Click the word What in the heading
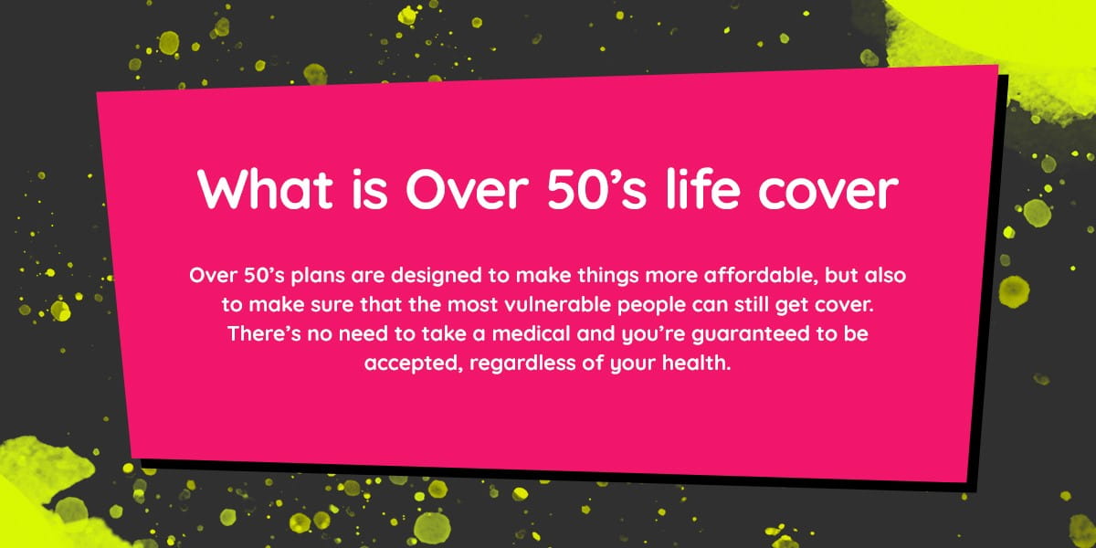click(x=265, y=190)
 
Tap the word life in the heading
click(x=702, y=188)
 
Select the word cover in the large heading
click(x=829, y=193)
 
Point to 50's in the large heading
click(x=596, y=190)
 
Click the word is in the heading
click(x=370, y=190)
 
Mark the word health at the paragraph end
click(x=696, y=364)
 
